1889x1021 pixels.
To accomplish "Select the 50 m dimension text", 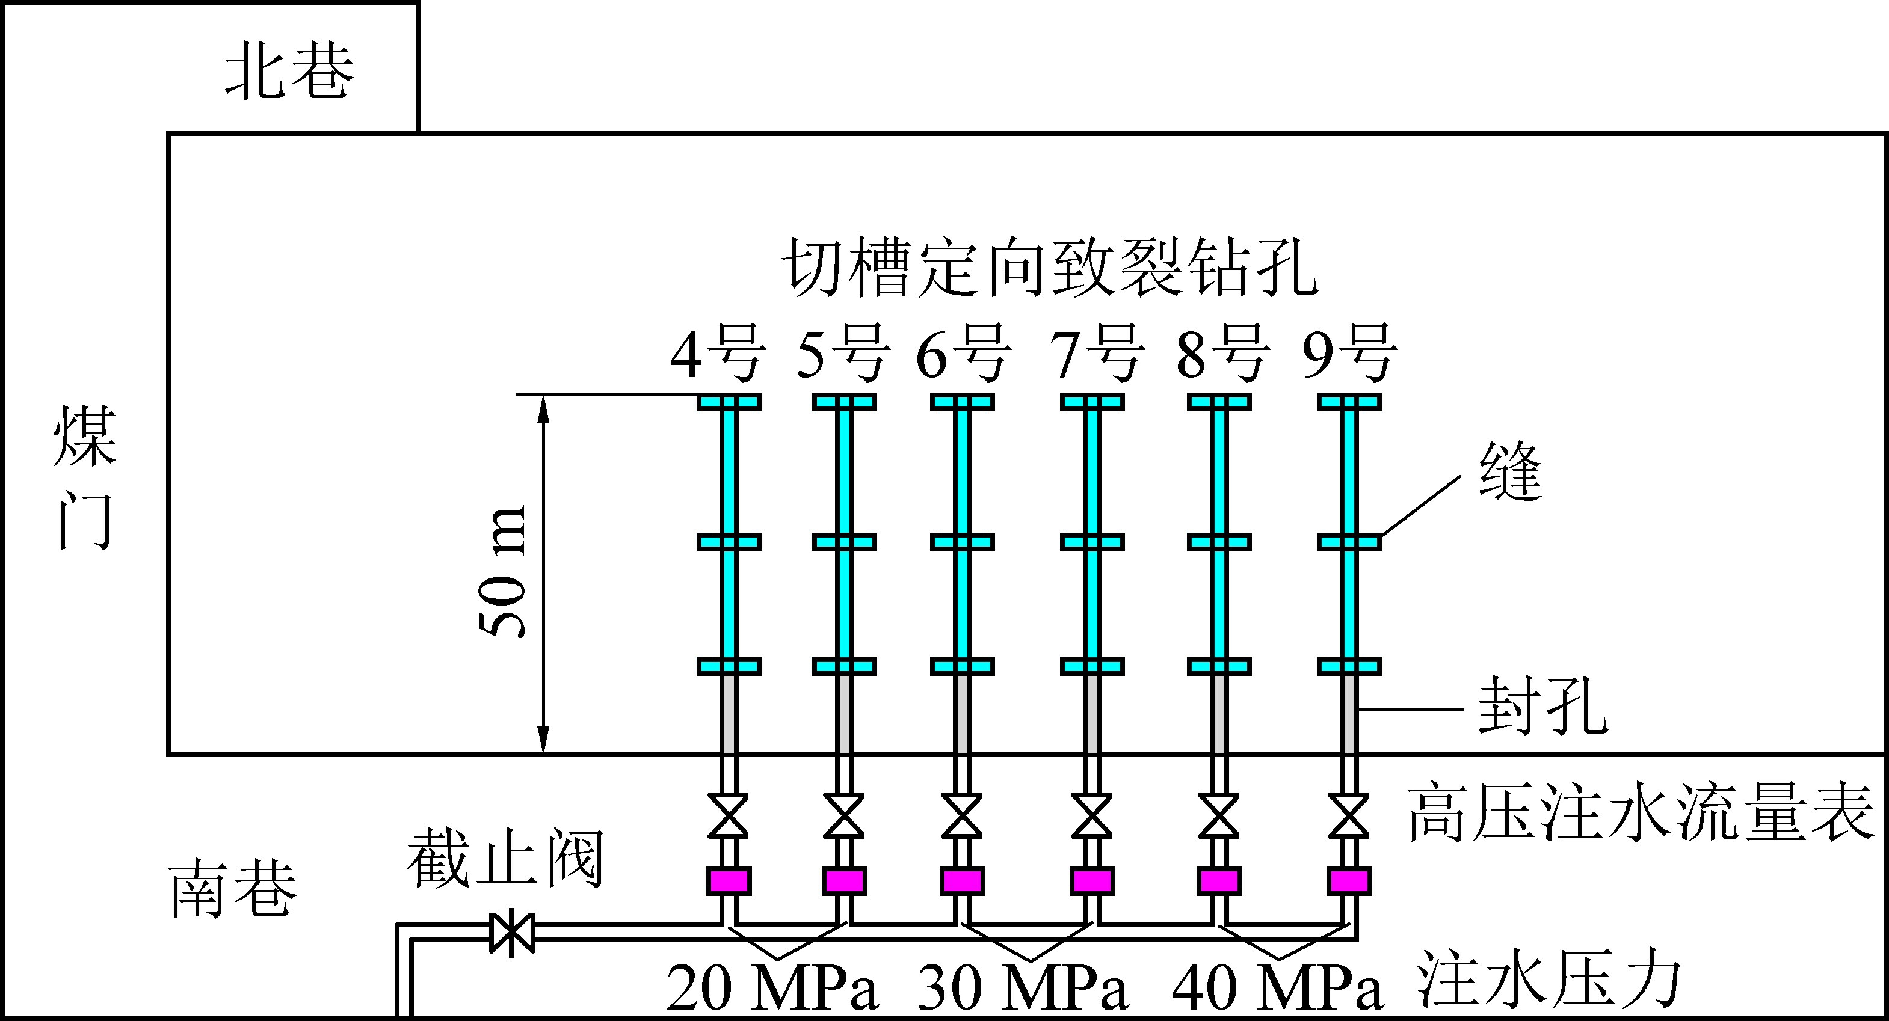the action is pos(503,572).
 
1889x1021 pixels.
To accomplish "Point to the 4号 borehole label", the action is pos(717,354).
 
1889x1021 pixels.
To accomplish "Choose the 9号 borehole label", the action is pos(1350,354).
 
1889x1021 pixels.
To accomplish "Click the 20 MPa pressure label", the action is pos(772,988).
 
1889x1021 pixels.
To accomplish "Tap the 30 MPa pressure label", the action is pos(1023,988).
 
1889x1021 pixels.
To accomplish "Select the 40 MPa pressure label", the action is pos(1277,988).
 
